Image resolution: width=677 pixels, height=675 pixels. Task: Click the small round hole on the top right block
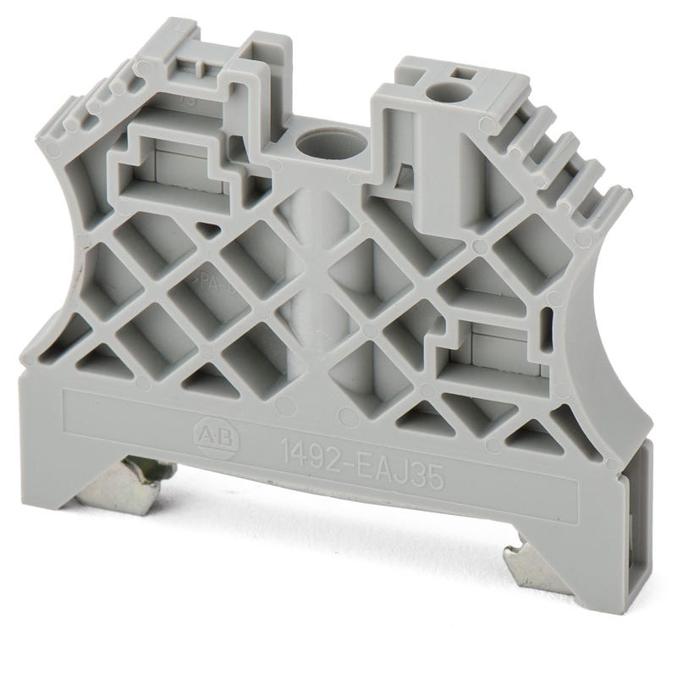point(439,92)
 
